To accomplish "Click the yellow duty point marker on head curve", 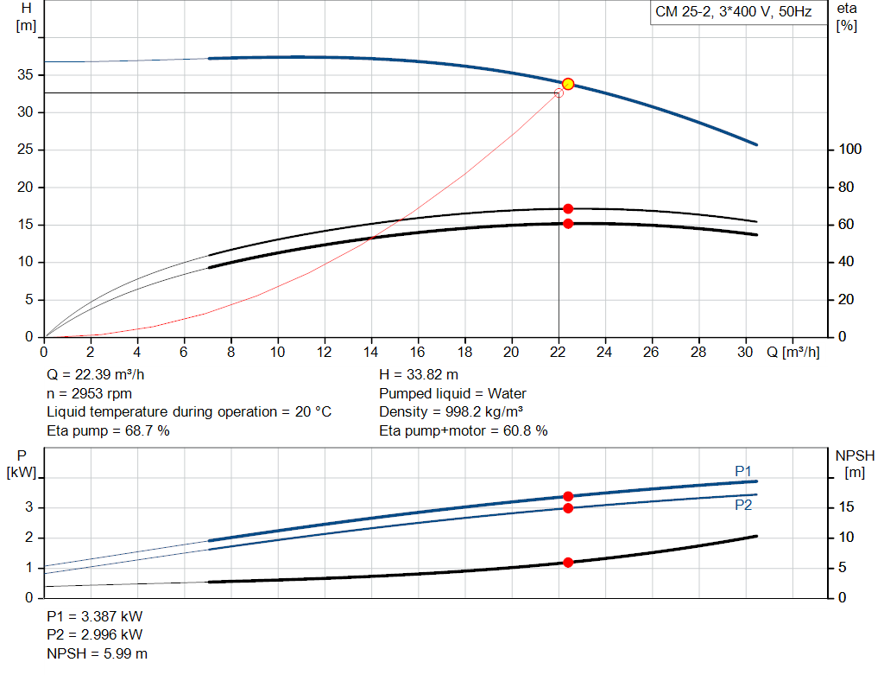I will pyautogui.click(x=568, y=84).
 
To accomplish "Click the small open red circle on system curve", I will pyautogui.click(x=559, y=92).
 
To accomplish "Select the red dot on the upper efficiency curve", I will pyautogui.click(x=568, y=208).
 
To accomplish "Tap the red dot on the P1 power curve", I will pyautogui.click(x=568, y=496).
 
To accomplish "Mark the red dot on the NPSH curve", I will pyautogui.click(x=568, y=563).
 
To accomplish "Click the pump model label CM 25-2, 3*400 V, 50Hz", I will pyautogui.click(x=733, y=13).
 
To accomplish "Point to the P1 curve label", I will pyautogui.click(x=743, y=471).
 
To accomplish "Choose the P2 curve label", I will pyautogui.click(x=743, y=506).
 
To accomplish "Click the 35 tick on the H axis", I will pyautogui.click(x=26, y=75).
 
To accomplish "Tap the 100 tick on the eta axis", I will pyautogui.click(x=850, y=150).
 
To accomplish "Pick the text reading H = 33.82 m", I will pyautogui.click(x=420, y=375).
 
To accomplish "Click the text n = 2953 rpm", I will pyautogui.click(x=89, y=393).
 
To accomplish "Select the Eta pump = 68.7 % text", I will pyautogui.click(x=108, y=430).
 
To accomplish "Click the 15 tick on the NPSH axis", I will pyautogui.click(x=847, y=507).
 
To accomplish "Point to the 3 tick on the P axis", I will pyautogui.click(x=28, y=507).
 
